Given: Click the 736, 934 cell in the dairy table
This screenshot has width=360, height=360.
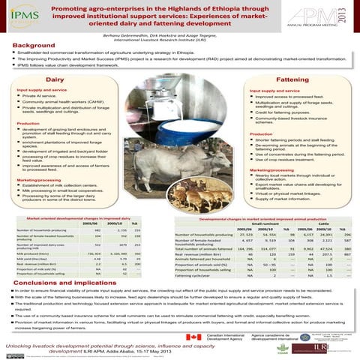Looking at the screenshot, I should click(74, 255).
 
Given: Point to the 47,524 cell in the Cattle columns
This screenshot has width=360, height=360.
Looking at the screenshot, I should click(325, 247).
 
